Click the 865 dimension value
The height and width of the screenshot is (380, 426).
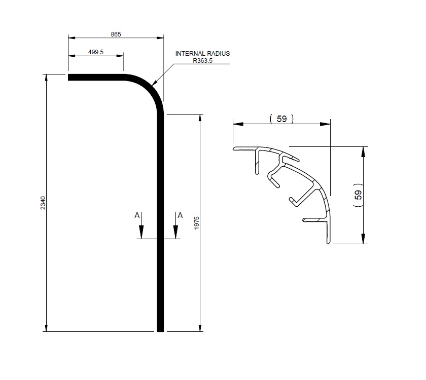(116, 34)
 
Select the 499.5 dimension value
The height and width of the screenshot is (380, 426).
(95, 52)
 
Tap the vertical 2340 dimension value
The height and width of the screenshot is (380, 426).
(43, 203)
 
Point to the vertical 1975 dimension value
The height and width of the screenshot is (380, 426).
(197, 222)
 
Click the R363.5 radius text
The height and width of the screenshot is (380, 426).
(203, 60)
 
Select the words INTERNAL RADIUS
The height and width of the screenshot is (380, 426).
(202, 53)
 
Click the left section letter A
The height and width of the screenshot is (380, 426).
(137, 215)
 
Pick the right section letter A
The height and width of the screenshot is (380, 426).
(180, 215)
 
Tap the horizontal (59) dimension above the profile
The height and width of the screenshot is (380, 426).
(282, 119)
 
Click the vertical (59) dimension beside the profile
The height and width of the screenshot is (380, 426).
(359, 195)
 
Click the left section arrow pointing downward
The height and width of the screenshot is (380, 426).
(142, 231)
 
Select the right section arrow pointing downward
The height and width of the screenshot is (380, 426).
(175, 231)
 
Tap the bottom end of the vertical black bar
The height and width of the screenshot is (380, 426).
(160, 329)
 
